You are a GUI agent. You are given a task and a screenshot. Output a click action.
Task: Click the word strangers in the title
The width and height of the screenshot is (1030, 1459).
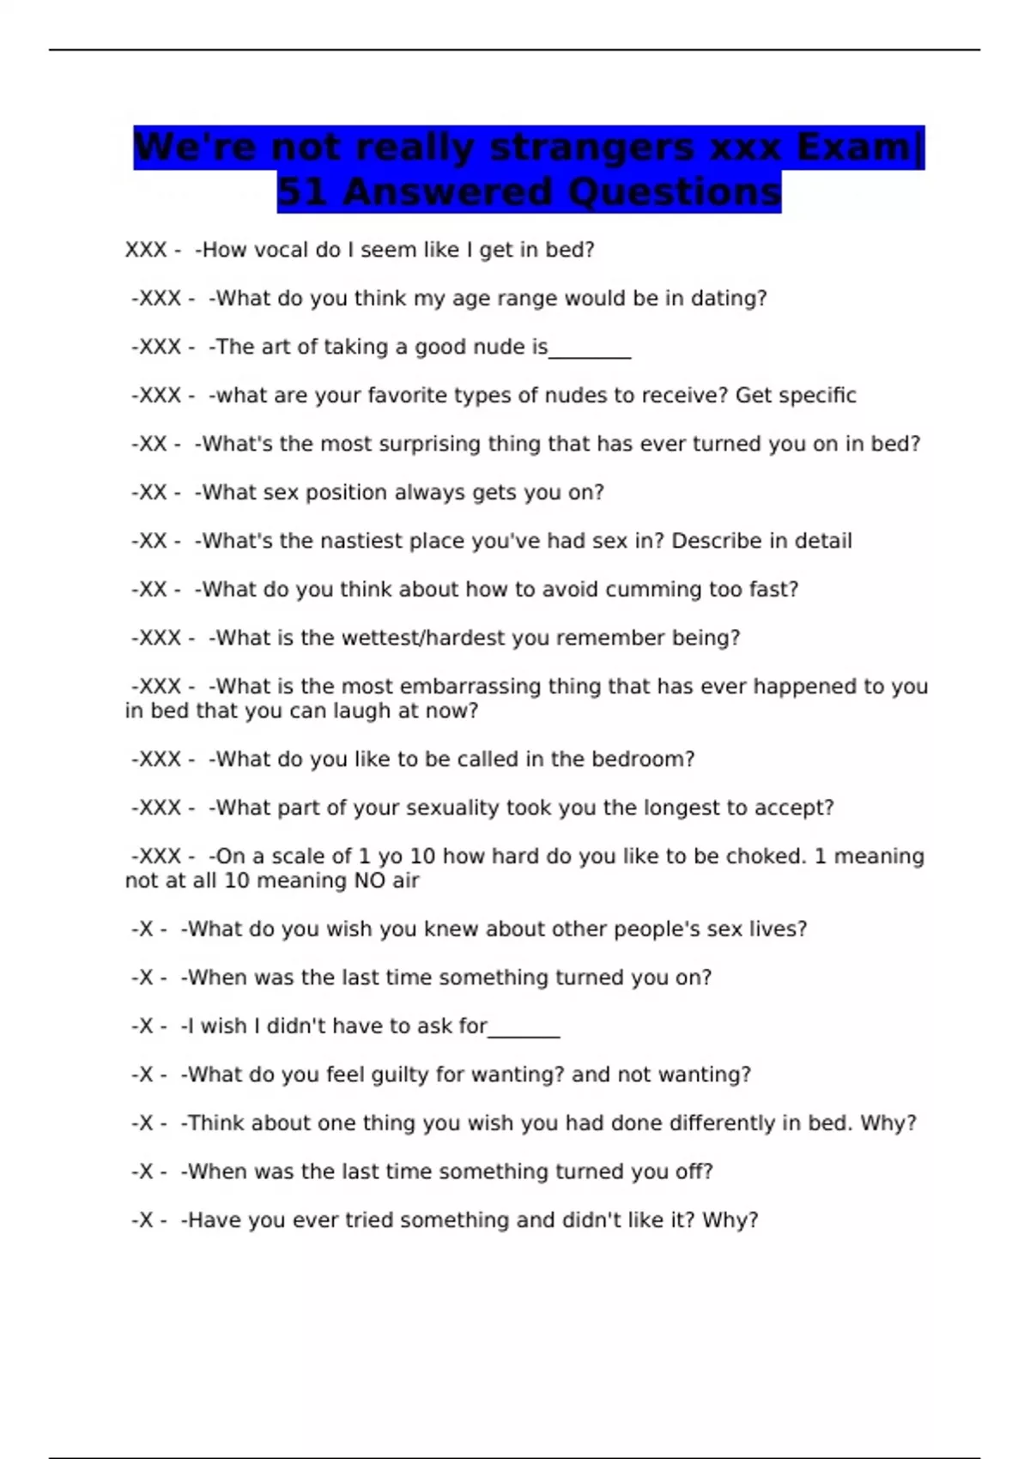click(593, 148)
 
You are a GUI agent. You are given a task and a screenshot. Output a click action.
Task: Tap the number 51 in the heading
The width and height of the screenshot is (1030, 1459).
click(303, 192)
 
